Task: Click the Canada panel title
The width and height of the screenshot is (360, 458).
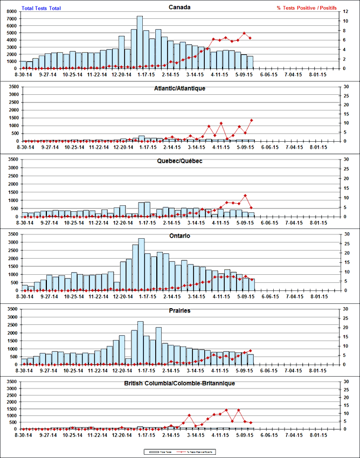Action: point(179,8)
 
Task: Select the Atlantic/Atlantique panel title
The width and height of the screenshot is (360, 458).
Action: point(179,88)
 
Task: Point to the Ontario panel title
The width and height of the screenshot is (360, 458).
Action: point(179,236)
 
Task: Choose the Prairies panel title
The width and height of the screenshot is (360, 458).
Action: point(179,311)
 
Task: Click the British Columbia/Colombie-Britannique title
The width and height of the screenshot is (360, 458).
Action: point(179,383)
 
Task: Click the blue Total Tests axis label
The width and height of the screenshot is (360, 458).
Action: point(41,8)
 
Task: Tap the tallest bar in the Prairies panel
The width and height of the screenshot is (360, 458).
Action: point(140,343)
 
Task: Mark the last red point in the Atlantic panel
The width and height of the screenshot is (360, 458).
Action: point(252,120)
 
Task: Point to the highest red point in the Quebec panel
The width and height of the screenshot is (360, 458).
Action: point(245,196)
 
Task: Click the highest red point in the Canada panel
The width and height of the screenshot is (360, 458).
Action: point(245,33)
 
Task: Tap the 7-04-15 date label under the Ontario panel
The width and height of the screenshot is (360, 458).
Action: point(296,296)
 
